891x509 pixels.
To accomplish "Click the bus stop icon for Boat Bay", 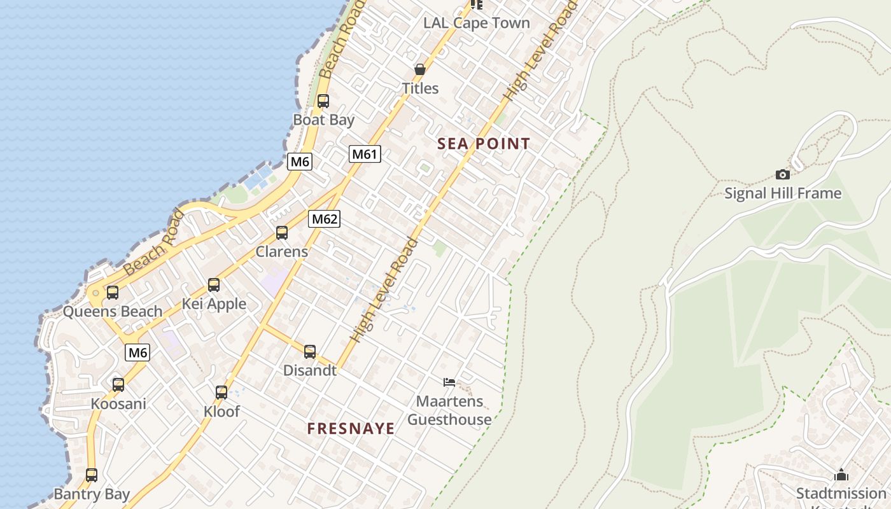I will (x=323, y=101).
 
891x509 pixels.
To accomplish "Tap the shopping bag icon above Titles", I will (x=420, y=69).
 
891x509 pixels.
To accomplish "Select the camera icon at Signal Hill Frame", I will (x=783, y=174).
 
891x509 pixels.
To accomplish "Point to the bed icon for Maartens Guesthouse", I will (x=449, y=382).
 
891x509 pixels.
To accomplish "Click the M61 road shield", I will (x=365, y=154).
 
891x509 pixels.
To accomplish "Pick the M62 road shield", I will (x=325, y=220).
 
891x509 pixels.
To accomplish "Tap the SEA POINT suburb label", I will (x=484, y=144).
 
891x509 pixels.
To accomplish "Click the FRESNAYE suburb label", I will (x=351, y=429).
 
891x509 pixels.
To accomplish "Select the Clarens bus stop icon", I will (x=282, y=233).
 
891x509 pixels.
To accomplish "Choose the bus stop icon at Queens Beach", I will (x=113, y=293).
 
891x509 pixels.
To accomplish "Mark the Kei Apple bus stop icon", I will (x=214, y=285).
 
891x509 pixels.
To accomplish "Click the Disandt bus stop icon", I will (x=310, y=352).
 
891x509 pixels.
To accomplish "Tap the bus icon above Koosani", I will (x=118, y=385).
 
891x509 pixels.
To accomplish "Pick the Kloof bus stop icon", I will (x=221, y=393).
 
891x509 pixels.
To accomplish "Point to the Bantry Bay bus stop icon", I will (x=92, y=475).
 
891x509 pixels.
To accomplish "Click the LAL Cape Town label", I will (x=477, y=23).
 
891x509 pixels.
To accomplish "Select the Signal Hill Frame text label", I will (x=783, y=193).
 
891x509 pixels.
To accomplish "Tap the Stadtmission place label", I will (x=841, y=494).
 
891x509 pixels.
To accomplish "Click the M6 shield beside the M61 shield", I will (x=300, y=162).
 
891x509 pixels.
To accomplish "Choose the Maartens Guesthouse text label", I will (x=449, y=410).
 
